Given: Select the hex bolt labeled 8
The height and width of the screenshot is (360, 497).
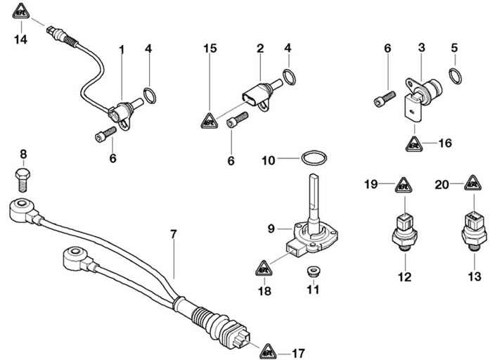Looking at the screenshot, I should (22, 178).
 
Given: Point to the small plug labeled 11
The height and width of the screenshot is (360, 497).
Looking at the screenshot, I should (311, 270).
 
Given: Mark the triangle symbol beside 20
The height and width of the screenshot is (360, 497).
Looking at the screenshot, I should (473, 186).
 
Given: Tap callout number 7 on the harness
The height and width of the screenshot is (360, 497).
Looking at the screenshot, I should (174, 231).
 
